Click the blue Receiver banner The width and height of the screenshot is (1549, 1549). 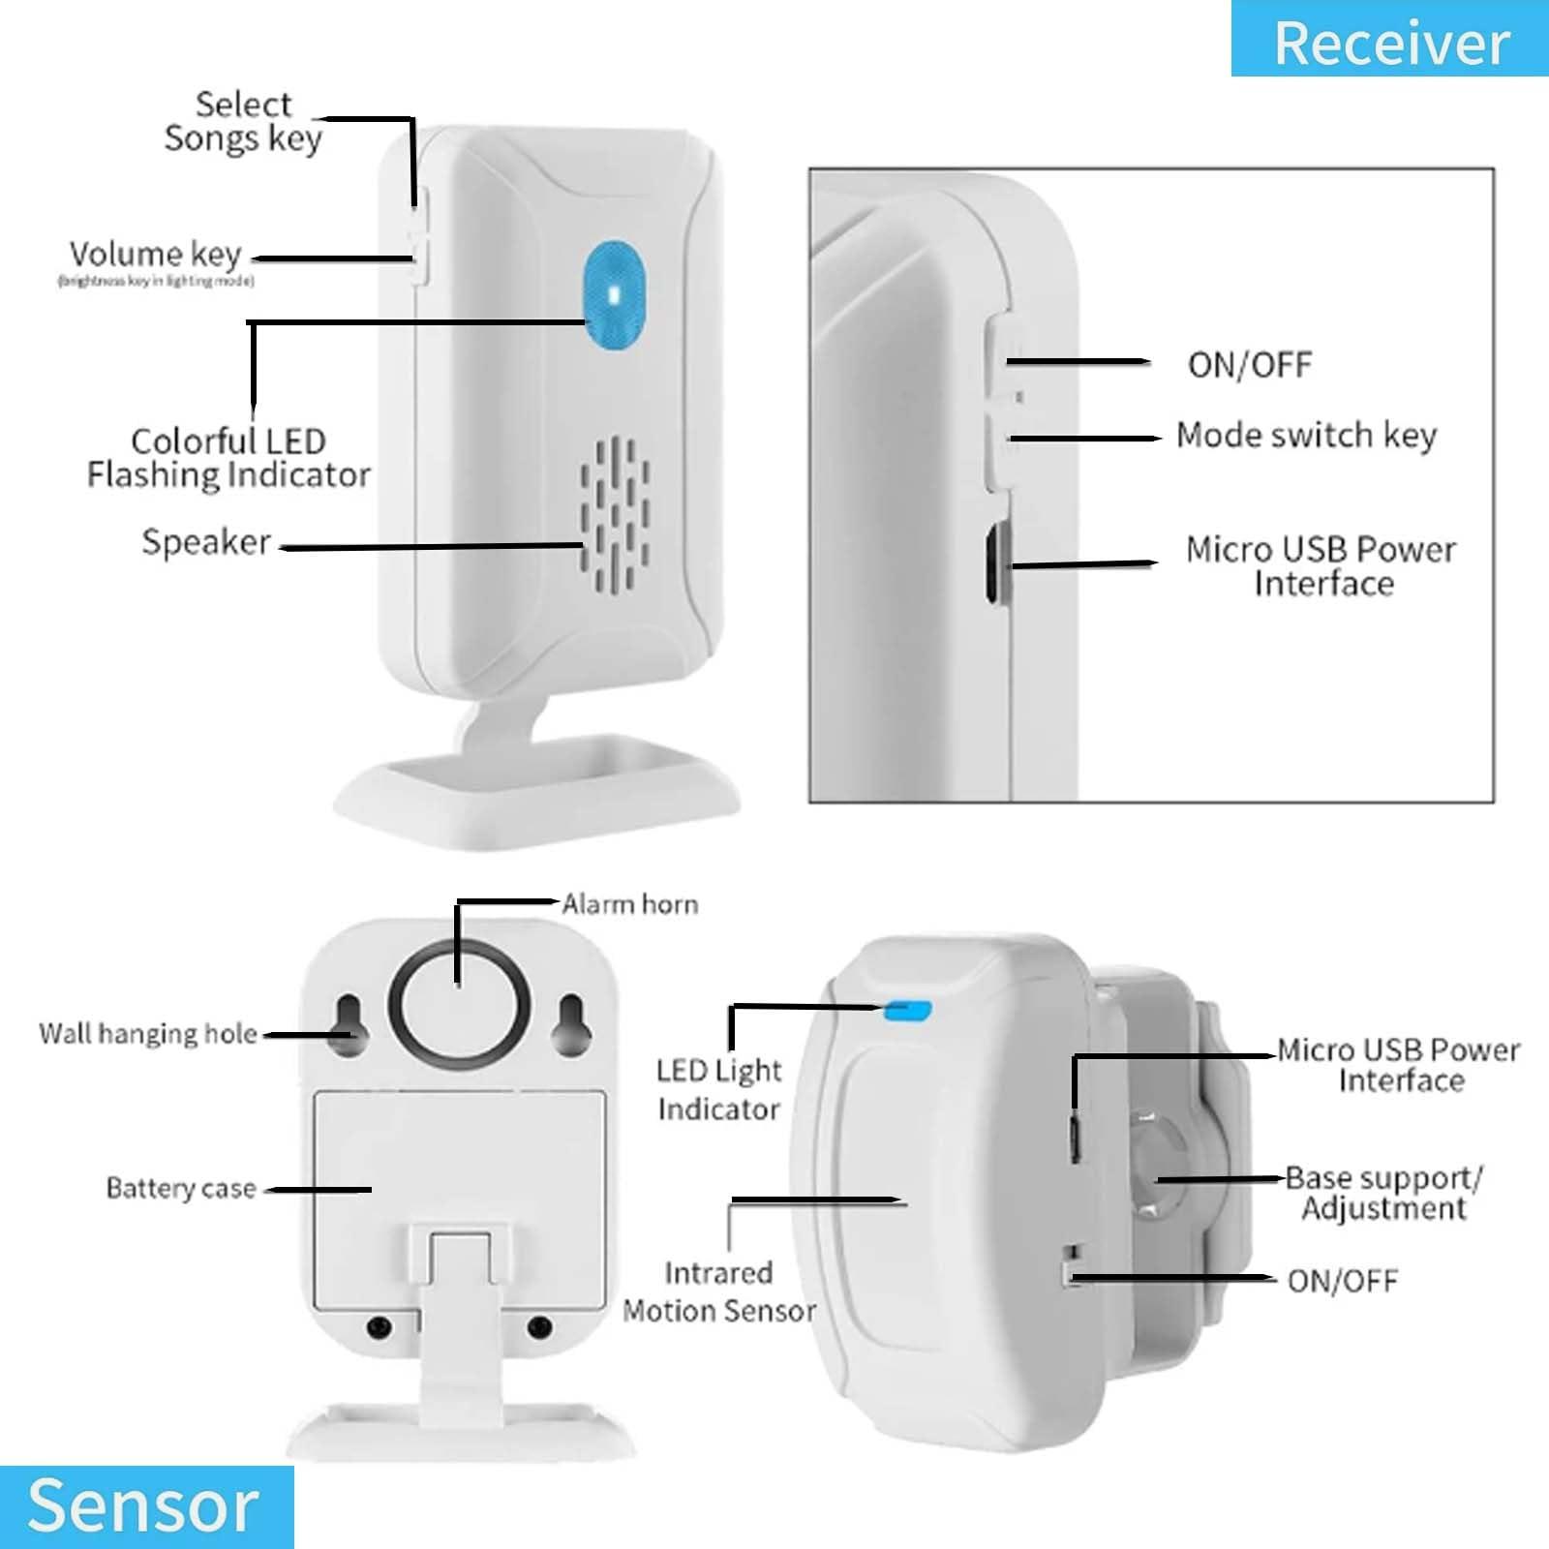[1390, 41]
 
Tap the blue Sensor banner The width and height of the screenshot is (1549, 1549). [145, 1505]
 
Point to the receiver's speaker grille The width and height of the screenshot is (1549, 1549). [615, 515]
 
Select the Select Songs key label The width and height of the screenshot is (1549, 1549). [242, 121]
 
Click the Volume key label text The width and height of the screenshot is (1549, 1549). [155, 255]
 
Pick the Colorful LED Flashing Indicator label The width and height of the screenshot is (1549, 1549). [228, 458]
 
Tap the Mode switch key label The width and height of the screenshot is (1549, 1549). [1306, 436]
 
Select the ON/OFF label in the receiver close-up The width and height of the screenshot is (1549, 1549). [1249, 365]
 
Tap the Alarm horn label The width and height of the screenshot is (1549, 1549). [629, 904]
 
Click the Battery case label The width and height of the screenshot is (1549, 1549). [181, 1188]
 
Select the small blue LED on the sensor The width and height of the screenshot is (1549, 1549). [908, 1011]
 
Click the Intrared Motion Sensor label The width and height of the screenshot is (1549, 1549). [718, 1291]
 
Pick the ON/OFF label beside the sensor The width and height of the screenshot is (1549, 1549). [1342, 1281]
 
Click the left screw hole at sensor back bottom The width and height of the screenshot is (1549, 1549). [379, 1325]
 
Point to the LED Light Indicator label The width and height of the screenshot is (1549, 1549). [718, 1089]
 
